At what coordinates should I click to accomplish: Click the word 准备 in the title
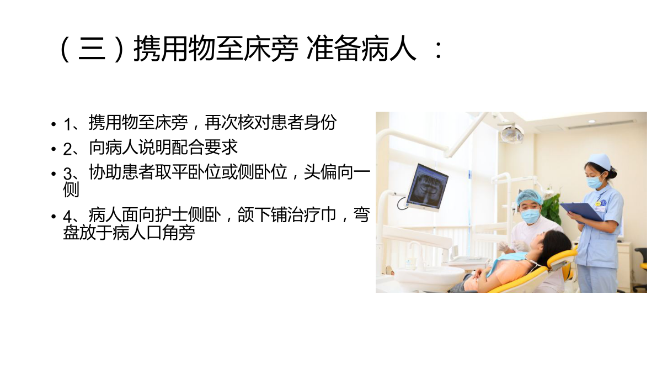[333, 48]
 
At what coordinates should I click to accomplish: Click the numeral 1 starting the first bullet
[67, 124]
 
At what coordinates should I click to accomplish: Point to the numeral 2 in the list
[67, 149]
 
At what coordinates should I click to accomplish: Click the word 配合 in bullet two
[188, 147]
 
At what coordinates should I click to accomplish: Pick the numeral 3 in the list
[67, 174]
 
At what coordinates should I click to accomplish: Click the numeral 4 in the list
[67, 217]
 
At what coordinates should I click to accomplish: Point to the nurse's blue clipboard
[581, 212]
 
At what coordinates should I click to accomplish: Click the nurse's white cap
[599, 161]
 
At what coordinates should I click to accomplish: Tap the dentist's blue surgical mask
[531, 216]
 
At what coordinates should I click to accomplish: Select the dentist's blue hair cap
[529, 197]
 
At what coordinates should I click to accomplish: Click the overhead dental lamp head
[511, 134]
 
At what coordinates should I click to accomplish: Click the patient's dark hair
[555, 246]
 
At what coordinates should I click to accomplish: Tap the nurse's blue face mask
[595, 181]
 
